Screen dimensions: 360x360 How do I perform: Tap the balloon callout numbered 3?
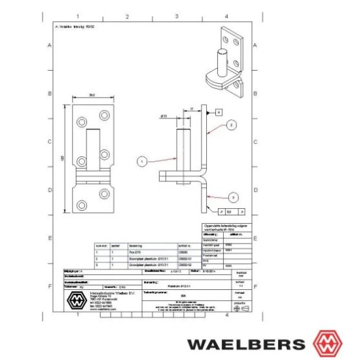tap(234, 196)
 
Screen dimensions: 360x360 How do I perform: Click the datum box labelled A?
tap(219, 113)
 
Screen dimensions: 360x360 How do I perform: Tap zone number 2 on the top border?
tap(127, 15)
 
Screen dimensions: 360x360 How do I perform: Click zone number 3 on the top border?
tap(177, 15)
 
